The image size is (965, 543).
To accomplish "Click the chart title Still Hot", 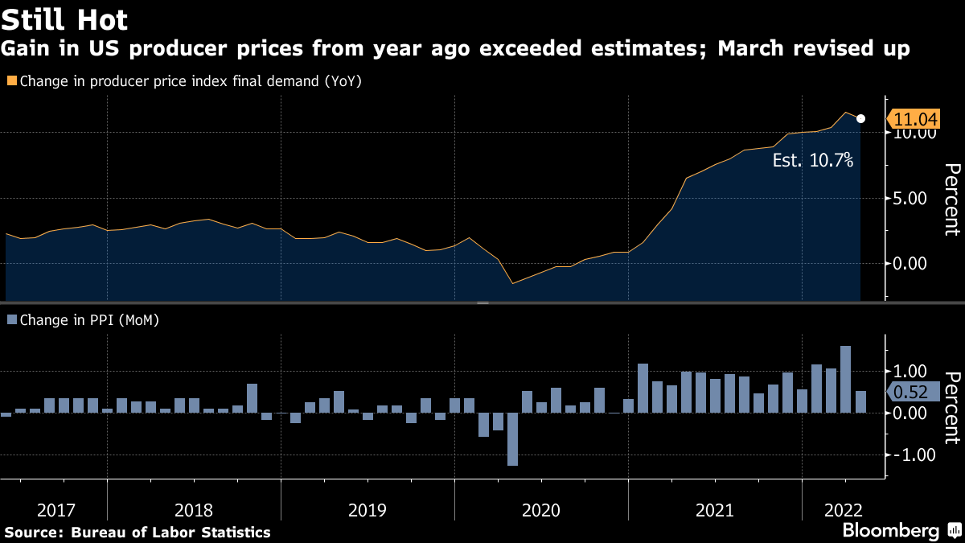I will coord(64,19).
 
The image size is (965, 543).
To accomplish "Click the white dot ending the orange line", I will coord(861,119).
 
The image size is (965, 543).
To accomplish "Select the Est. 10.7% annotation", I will coord(812,160).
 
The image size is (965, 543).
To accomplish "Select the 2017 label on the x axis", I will coord(56,510).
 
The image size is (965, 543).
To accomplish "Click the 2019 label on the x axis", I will coord(368,510).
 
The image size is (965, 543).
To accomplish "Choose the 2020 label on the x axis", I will coord(541,510).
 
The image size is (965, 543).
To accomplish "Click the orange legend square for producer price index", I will coord(11,81).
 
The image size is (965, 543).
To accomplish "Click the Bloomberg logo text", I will coord(891,531).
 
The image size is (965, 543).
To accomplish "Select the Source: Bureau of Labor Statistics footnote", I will coord(138,533).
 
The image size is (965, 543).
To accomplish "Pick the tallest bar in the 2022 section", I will coord(845,379).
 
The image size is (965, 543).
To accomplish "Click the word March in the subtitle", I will coord(750,49).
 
